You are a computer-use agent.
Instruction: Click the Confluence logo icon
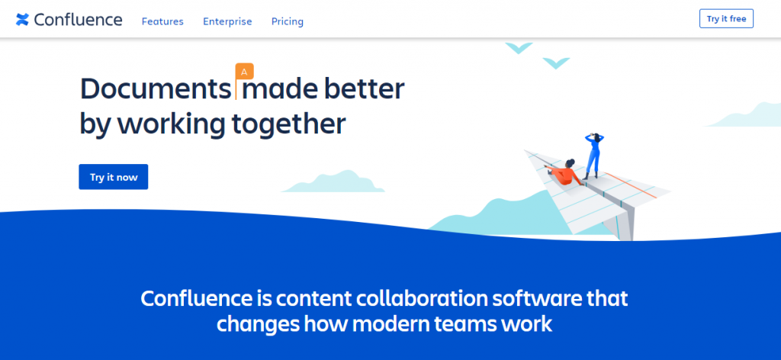pyautogui.click(x=22, y=19)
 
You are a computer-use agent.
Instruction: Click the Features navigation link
pyautogui.click(x=162, y=21)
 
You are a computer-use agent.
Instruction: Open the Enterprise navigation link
pyautogui.click(x=227, y=21)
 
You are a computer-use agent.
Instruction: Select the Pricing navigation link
pyautogui.click(x=288, y=21)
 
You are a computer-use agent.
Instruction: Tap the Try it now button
pyautogui.click(x=114, y=177)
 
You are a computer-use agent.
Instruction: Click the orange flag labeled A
pyautogui.click(x=244, y=72)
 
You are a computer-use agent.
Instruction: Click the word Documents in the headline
pyautogui.click(x=155, y=89)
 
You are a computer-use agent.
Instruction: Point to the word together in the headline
pyautogui.click(x=289, y=124)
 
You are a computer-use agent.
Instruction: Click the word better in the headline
pyautogui.click(x=364, y=89)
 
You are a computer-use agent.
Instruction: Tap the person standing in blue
pyautogui.click(x=593, y=156)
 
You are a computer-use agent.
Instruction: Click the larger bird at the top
pyautogui.click(x=519, y=48)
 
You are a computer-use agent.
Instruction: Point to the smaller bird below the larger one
pyautogui.click(x=556, y=63)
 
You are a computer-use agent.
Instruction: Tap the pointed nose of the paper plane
pyautogui.click(x=526, y=151)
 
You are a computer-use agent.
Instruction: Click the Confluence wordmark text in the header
pyautogui.click(x=79, y=19)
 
